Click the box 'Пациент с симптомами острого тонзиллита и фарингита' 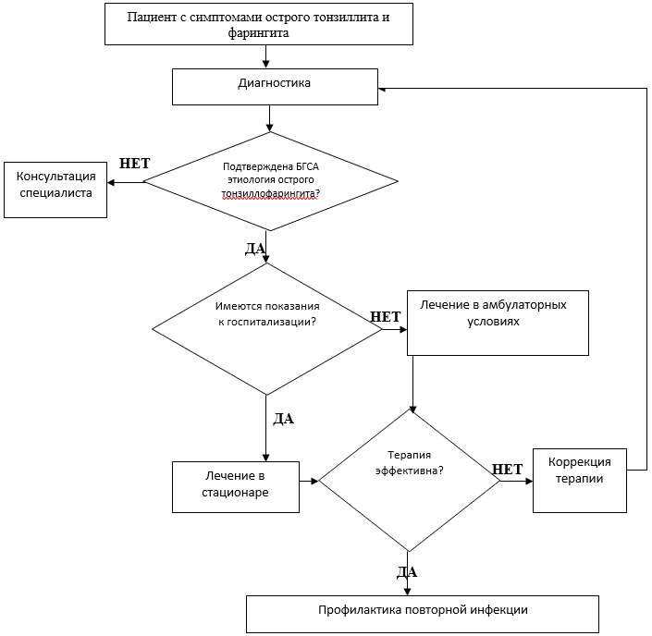(x=259, y=24)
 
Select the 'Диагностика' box (x=275, y=87)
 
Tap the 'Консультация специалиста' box (x=55, y=190)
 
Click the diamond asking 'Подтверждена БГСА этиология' (x=270, y=181)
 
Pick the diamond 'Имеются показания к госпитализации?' (x=267, y=329)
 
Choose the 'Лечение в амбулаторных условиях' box (x=498, y=323)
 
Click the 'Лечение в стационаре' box (x=236, y=487)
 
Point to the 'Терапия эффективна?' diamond (x=409, y=481)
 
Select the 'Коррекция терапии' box (x=580, y=481)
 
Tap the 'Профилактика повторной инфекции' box (x=423, y=614)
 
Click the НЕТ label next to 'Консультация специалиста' (x=135, y=164)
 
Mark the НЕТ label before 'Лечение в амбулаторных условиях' (x=386, y=317)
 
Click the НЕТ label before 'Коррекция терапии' (x=508, y=470)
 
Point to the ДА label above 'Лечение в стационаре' (x=284, y=419)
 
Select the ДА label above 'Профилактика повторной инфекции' (x=407, y=572)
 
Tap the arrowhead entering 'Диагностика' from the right (x=382, y=89)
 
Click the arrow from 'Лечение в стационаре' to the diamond (x=309, y=481)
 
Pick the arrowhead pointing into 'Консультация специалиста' (x=111, y=182)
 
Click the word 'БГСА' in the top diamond (x=307, y=166)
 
